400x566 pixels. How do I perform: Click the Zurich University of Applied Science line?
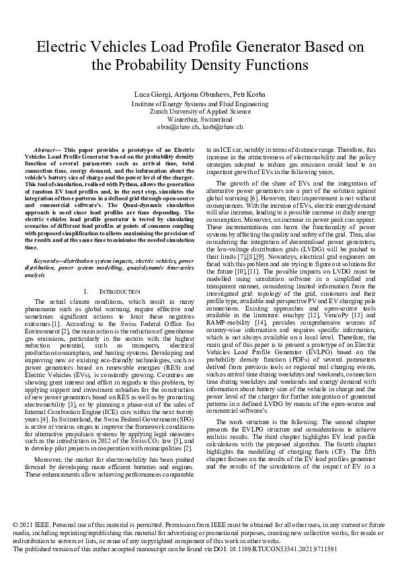(x=200, y=112)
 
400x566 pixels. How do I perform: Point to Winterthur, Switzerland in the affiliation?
(x=200, y=119)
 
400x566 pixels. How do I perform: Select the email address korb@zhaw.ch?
(x=223, y=126)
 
